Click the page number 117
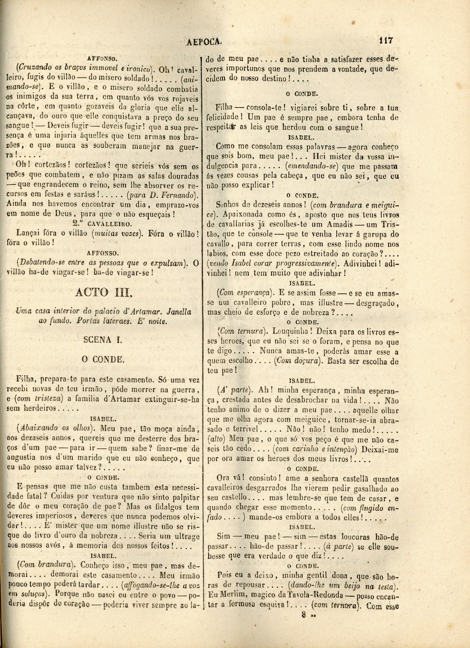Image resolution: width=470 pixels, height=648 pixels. pyautogui.click(x=385, y=41)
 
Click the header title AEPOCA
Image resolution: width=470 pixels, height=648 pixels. pyautogui.click(x=205, y=41)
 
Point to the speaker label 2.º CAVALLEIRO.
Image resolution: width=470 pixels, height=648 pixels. pyautogui.click(x=103, y=224)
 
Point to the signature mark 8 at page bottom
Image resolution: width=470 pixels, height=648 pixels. pyautogui.click(x=304, y=615)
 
